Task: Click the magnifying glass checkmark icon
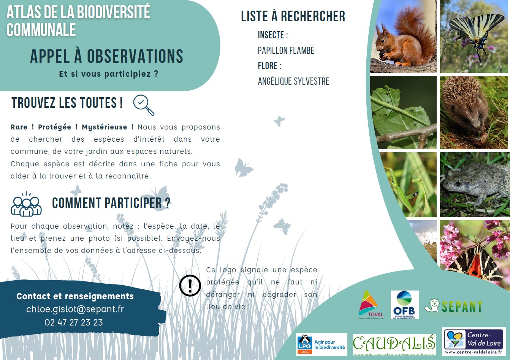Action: coord(144,105)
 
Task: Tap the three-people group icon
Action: coord(26,204)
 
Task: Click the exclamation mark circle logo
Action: coord(190,286)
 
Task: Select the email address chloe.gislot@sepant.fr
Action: coord(75,309)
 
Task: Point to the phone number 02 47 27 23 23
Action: coord(74,322)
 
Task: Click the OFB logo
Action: coord(405,305)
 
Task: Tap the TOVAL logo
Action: coord(371,305)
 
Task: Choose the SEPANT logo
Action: coord(453,306)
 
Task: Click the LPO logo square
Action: coord(304,344)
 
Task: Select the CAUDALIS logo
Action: coord(394,344)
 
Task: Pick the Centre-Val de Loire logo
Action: coord(474,341)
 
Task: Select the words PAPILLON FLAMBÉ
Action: coord(286,51)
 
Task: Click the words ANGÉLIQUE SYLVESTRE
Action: coord(293,81)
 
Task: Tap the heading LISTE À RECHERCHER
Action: coord(293,16)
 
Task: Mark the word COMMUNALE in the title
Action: coord(41,30)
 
